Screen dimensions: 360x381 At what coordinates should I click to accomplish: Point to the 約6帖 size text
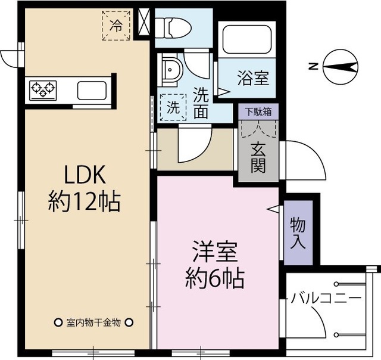pyautogui.click(x=215, y=278)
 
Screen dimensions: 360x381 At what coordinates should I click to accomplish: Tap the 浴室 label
pyautogui.click(x=253, y=77)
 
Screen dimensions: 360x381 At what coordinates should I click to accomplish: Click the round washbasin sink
pyautogui.click(x=172, y=70)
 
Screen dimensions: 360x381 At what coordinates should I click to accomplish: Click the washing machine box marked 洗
pyautogui.click(x=172, y=108)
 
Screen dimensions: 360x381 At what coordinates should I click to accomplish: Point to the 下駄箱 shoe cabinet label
pyautogui.click(x=258, y=111)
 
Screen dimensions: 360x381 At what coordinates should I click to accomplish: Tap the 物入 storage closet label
pyautogui.click(x=298, y=232)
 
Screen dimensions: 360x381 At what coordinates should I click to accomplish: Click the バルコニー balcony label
pyautogui.click(x=326, y=297)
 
